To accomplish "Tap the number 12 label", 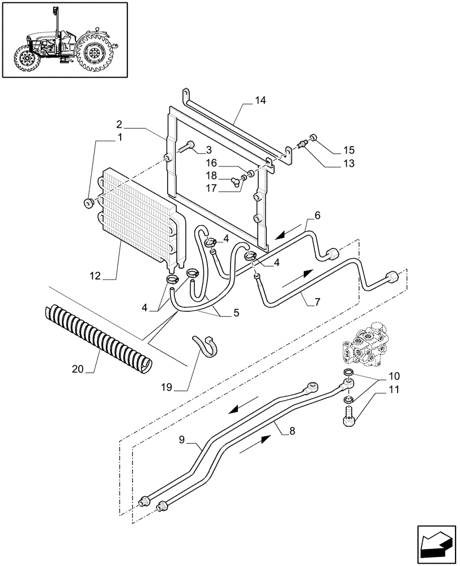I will tap(95, 276).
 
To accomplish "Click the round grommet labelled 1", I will tap(88, 203).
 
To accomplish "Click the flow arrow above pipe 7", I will tap(297, 277).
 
